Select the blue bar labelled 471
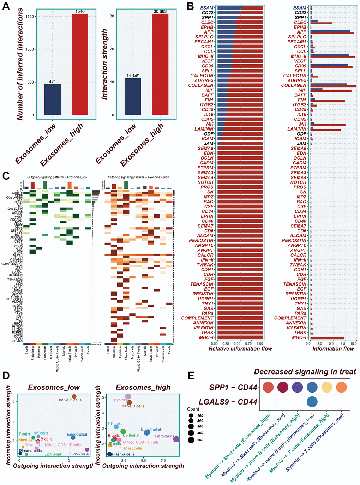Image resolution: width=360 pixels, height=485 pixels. (x=52, y=100)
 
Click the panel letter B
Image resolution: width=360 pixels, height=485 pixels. (x=190, y=6)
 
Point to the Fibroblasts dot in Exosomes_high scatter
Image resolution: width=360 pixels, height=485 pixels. (x=176, y=439)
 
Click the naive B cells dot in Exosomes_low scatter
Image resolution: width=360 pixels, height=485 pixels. (x=74, y=397)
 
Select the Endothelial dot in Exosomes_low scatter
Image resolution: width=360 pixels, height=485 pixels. (x=73, y=438)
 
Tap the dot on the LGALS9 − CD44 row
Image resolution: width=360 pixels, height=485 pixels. (x=312, y=402)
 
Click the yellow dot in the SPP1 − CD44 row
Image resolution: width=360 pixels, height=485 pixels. (x=326, y=387)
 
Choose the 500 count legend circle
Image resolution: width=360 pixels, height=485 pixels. (x=191, y=440)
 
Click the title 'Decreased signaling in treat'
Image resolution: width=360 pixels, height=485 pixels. (x=305, y=372)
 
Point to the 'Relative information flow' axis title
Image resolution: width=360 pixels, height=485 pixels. (x=240, y=349)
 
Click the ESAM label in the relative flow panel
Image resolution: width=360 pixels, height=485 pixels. (x=207, y=8)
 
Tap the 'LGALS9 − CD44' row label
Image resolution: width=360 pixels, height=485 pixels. (x=228, y=402)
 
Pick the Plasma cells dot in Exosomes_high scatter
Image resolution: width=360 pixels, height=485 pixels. (x=109, y=454)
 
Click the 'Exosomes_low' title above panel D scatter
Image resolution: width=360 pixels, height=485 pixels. (x=54, y=388)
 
